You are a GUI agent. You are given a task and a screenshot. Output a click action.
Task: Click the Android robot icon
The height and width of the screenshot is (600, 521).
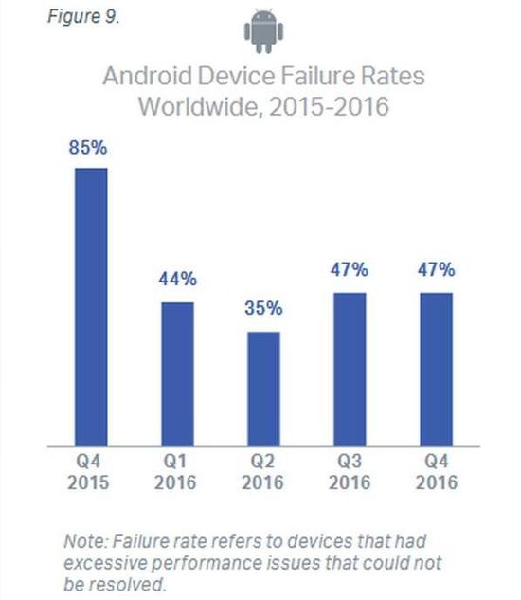(262, 31)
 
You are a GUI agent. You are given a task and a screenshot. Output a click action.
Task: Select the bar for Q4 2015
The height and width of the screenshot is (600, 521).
(91, 306)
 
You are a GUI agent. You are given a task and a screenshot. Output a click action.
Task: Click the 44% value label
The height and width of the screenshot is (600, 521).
(177, 280)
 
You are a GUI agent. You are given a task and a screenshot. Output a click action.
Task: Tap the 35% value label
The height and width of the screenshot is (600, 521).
(263, 309)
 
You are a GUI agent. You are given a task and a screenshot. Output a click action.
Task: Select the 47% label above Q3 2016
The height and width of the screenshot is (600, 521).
(349, 270)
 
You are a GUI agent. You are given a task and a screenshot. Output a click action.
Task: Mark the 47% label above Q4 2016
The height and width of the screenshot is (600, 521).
(435, 270)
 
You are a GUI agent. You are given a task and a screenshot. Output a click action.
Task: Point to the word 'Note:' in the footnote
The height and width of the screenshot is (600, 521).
(85, 542)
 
